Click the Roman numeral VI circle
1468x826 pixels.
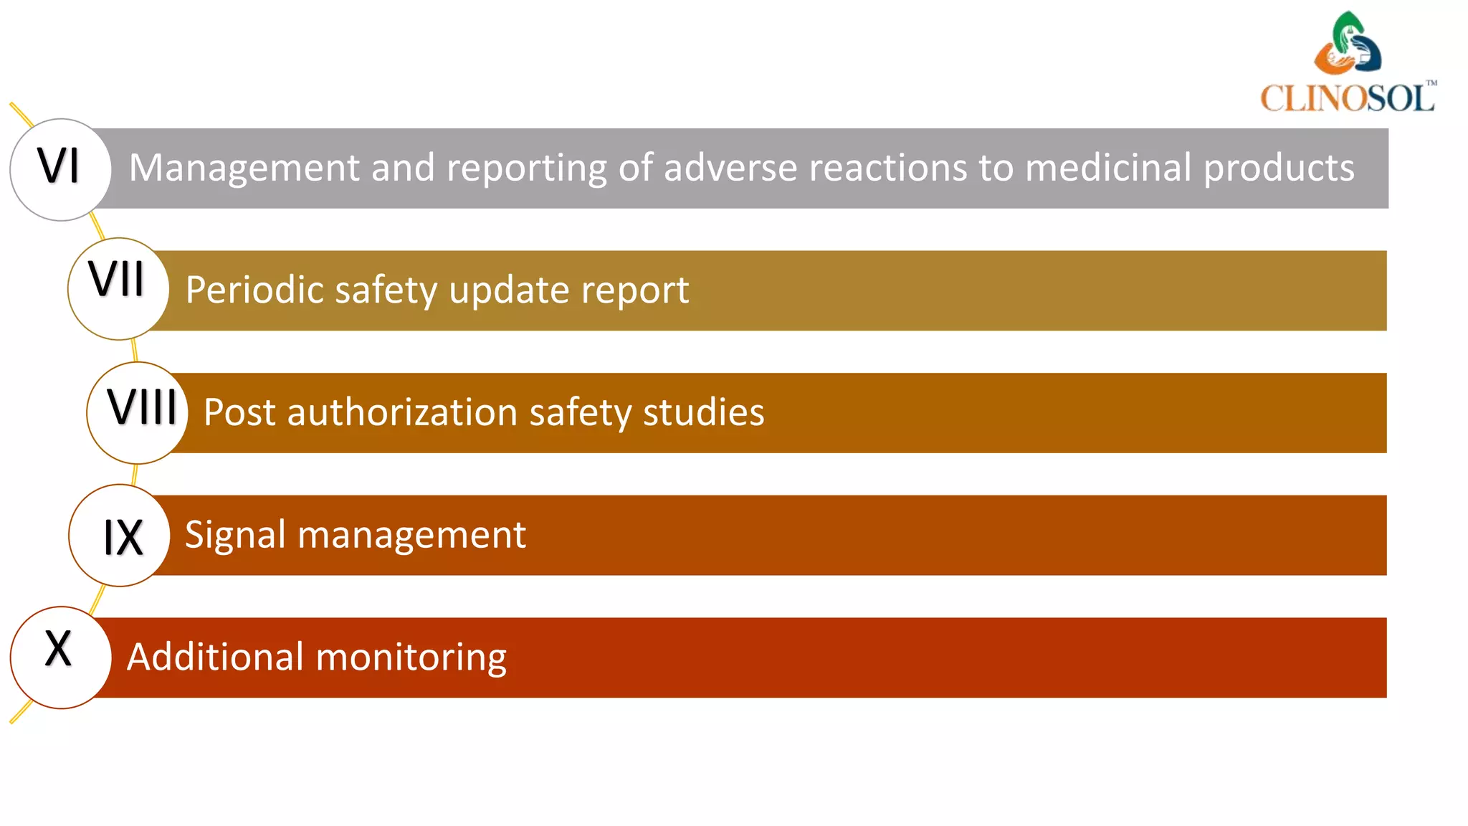click(60, 169)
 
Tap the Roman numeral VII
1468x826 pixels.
click(116, 279)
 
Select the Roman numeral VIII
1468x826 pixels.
click(142, 407)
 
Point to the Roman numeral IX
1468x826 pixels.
click(123, 537)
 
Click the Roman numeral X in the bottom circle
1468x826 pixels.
click(58, 649)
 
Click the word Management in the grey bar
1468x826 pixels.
click(244, 168)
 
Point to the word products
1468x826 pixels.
click(1279, 169)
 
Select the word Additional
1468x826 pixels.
click(215, 657)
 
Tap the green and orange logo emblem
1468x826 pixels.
click(1348, 44)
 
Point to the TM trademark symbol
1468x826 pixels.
click(1431, 83)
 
